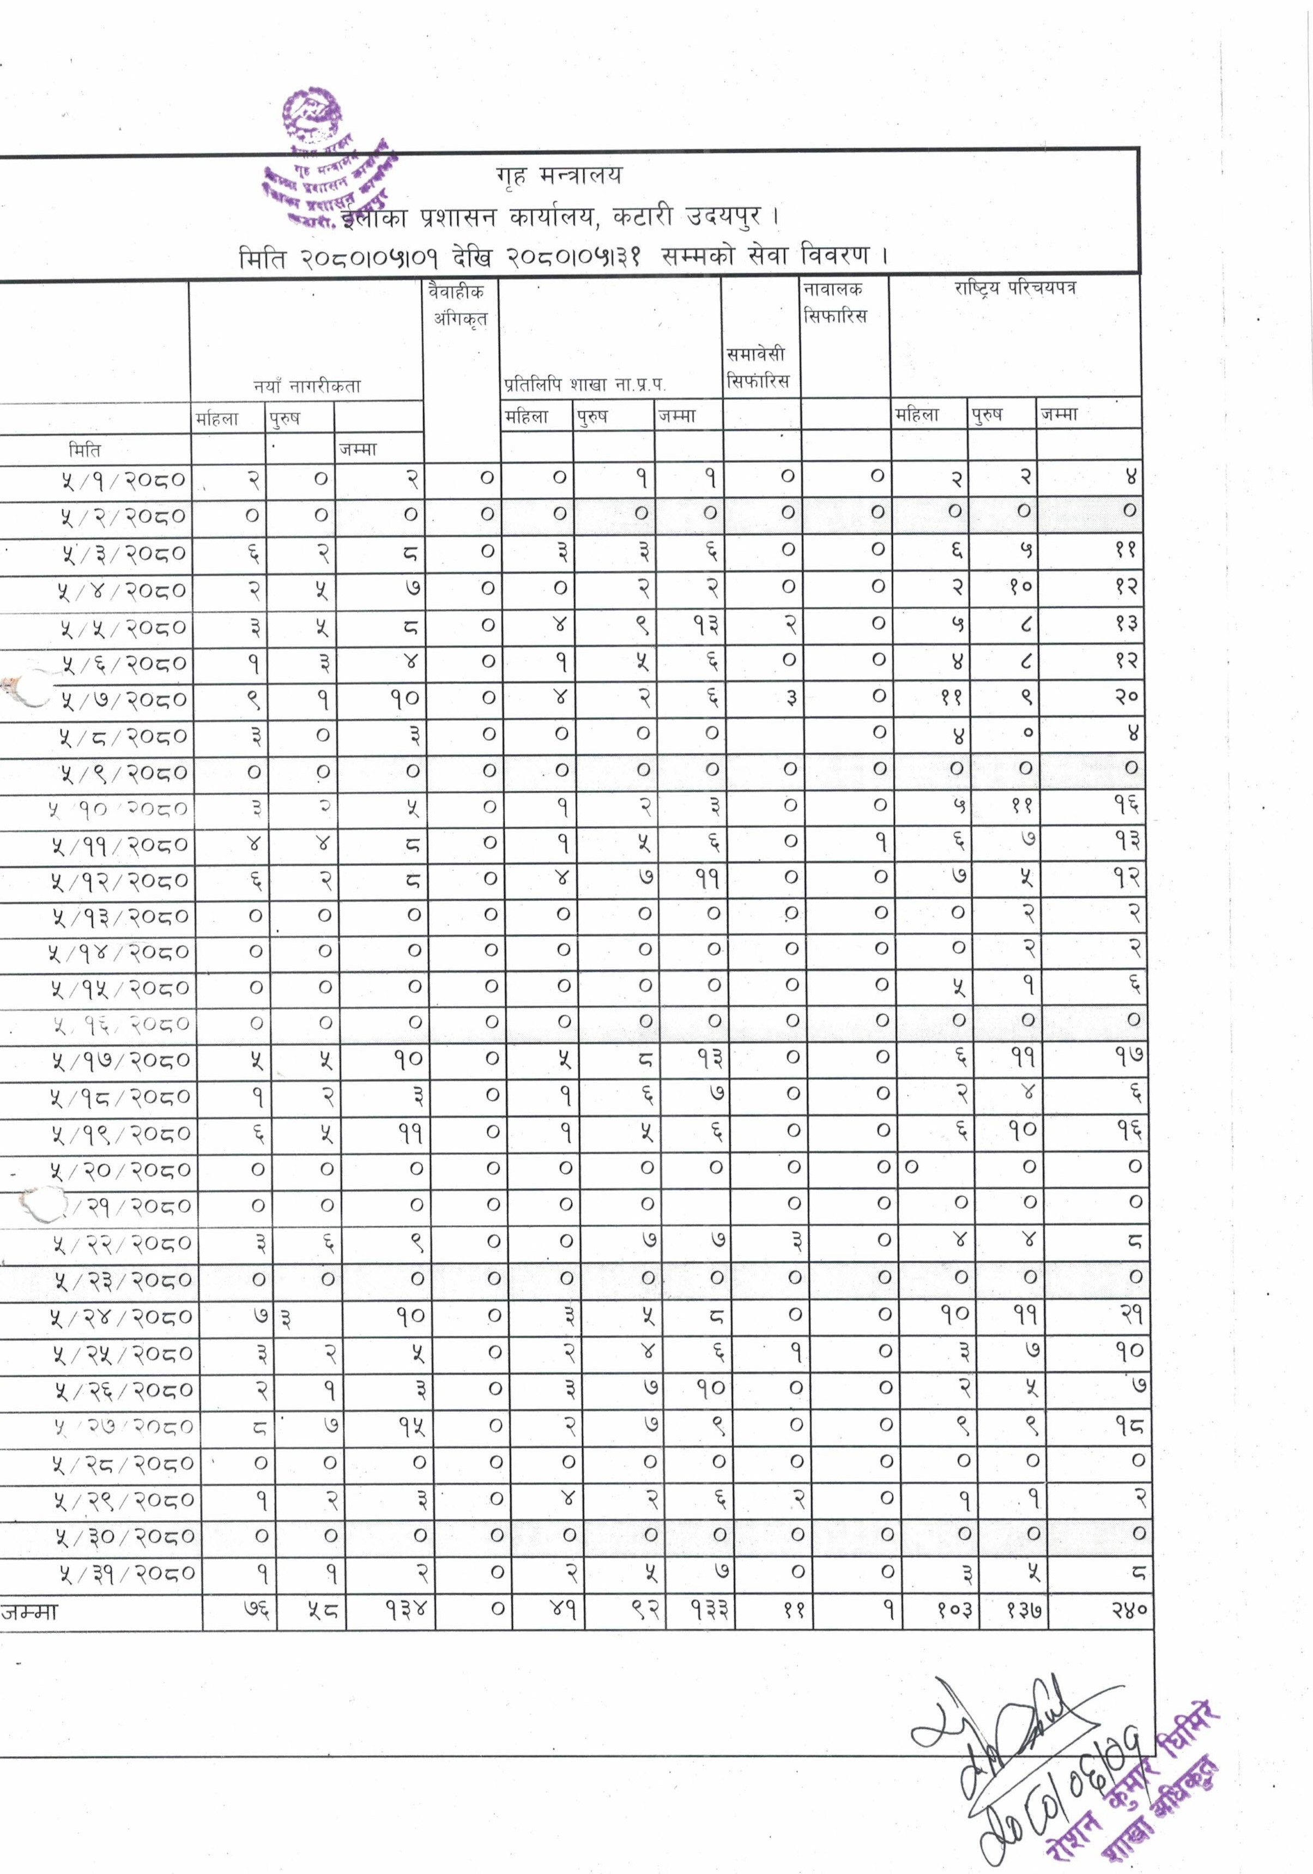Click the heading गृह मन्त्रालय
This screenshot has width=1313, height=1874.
[559, 176]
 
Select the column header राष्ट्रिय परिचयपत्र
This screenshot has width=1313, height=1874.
[1014, 288]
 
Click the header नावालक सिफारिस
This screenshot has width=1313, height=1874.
[834, 302]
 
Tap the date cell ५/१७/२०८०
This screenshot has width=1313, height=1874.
[120, 1061]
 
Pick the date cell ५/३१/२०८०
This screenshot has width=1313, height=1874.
[126, 1573]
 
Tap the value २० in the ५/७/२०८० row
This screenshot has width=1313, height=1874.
[1126, 698]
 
